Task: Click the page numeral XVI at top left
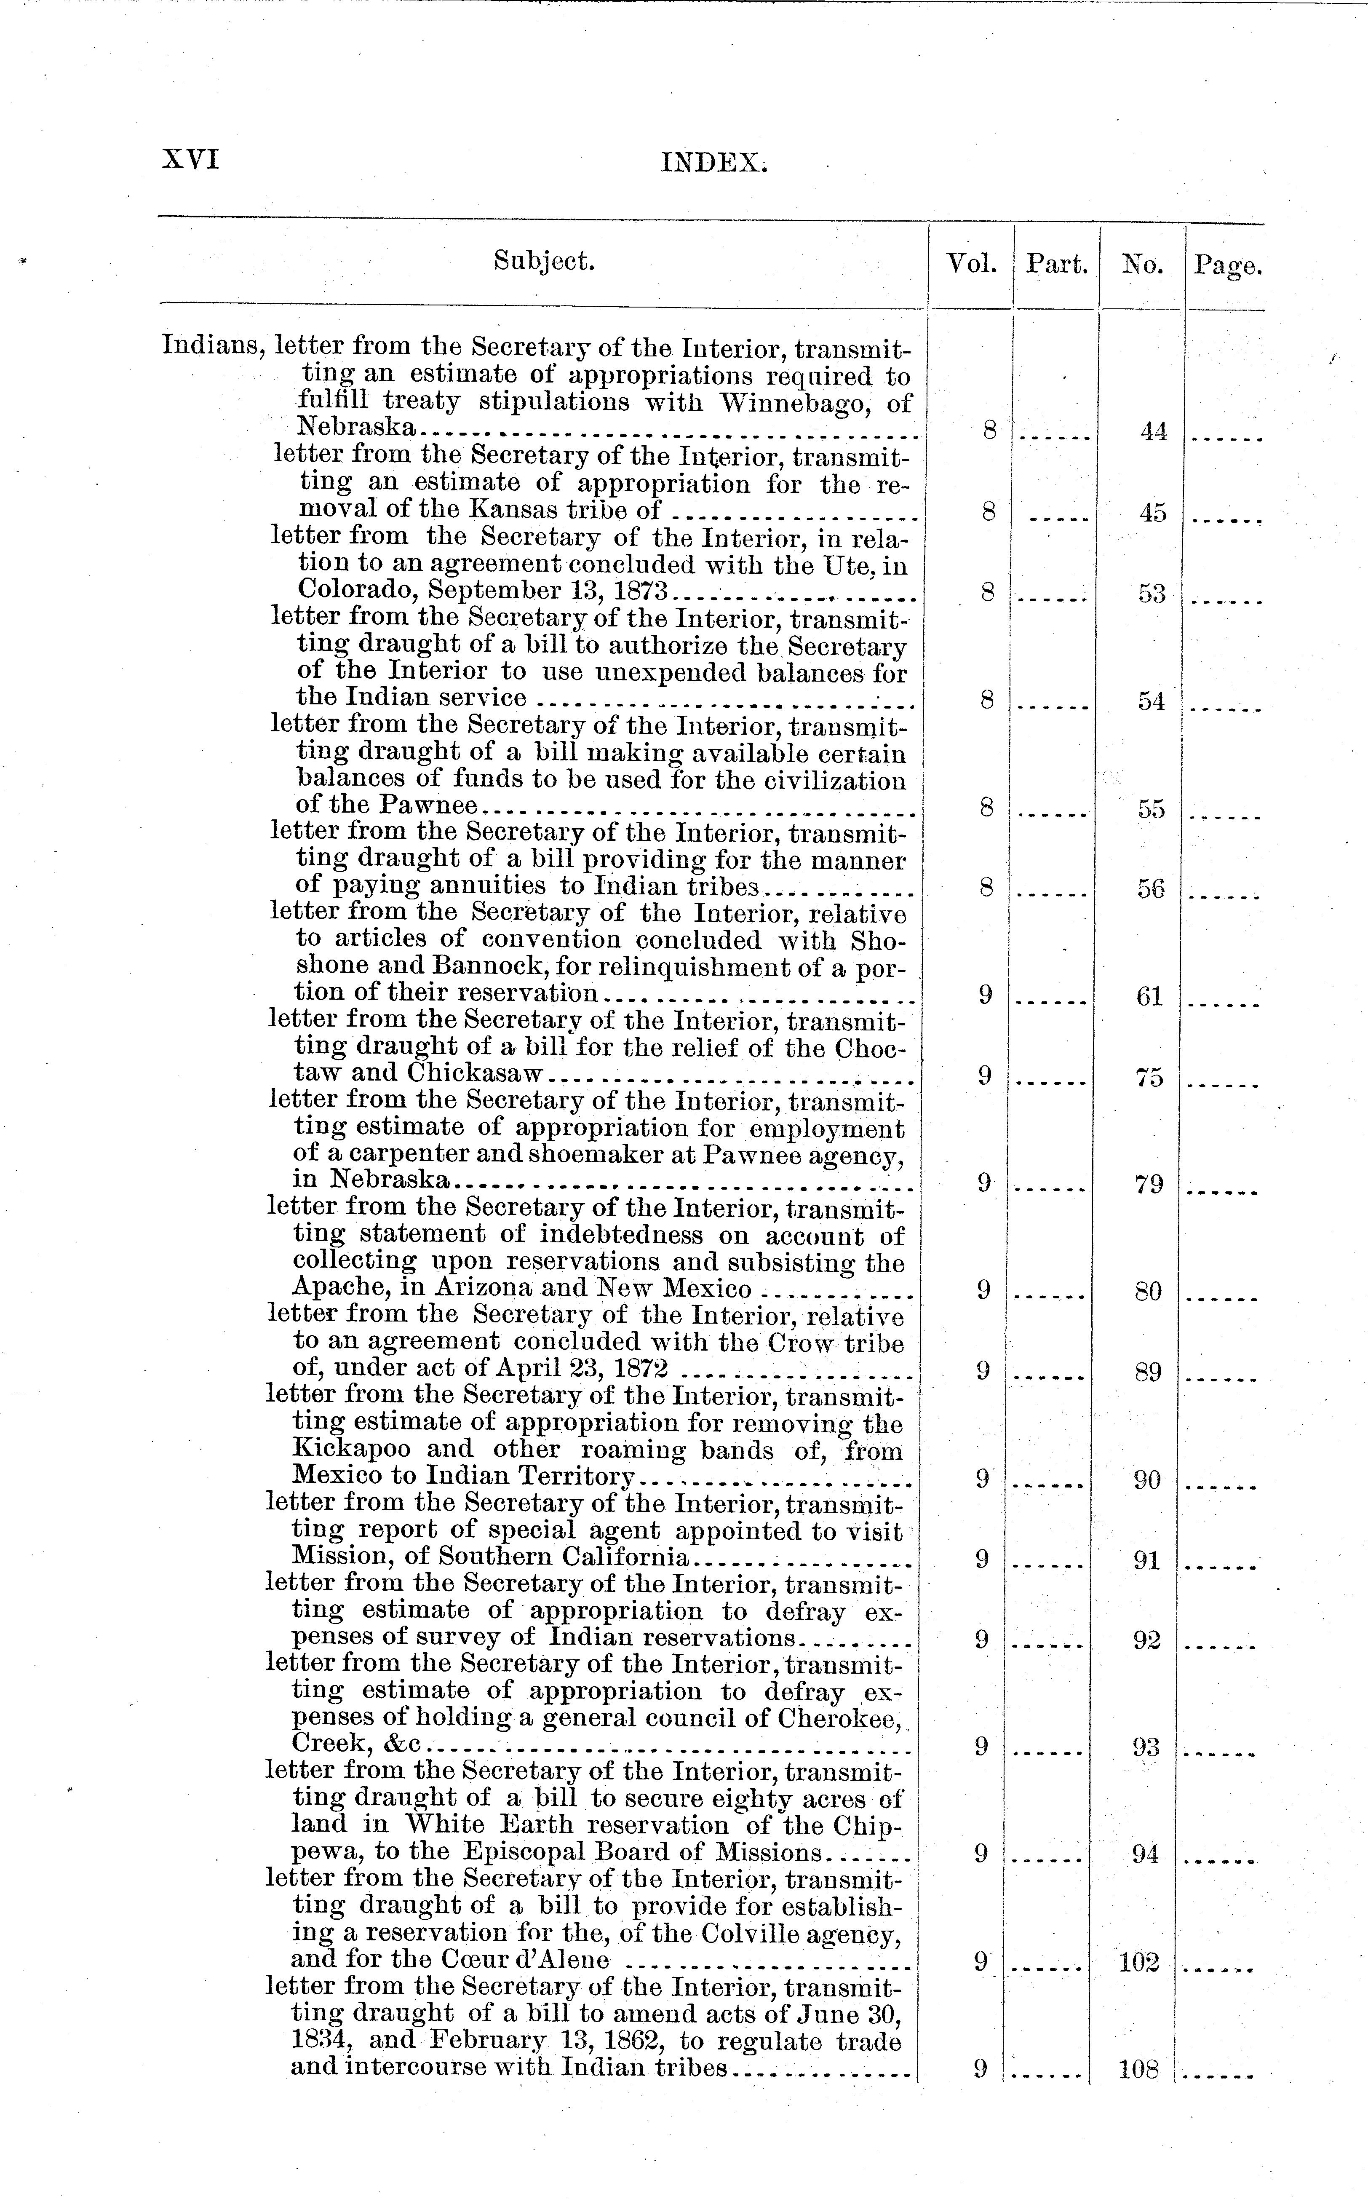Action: pos(190,159)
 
